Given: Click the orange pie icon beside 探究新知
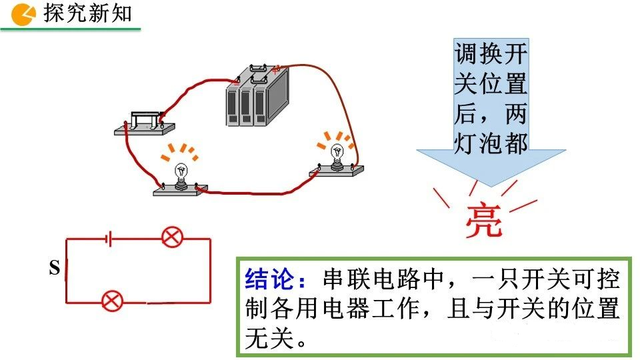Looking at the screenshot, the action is [23, 14].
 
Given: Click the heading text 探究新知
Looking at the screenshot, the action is [88, 13].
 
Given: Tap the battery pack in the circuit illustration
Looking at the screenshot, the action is [257, 95].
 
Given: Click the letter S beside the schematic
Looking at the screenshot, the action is [54, 267].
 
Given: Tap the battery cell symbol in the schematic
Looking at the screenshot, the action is [109, 239].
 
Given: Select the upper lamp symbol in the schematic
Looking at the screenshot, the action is [172, 237].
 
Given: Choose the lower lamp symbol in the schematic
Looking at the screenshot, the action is [111, 301].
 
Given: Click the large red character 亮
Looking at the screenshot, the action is [484, 220].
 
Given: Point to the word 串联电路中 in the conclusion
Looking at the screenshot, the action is [383, 279].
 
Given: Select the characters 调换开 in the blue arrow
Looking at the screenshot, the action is [491, 53].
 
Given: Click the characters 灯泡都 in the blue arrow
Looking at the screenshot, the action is [491, 143].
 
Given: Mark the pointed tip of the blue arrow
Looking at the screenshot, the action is [491, 187].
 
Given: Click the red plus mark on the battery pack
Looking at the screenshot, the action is [276, 69].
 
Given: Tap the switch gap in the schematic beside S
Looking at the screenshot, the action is [66, 269].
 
